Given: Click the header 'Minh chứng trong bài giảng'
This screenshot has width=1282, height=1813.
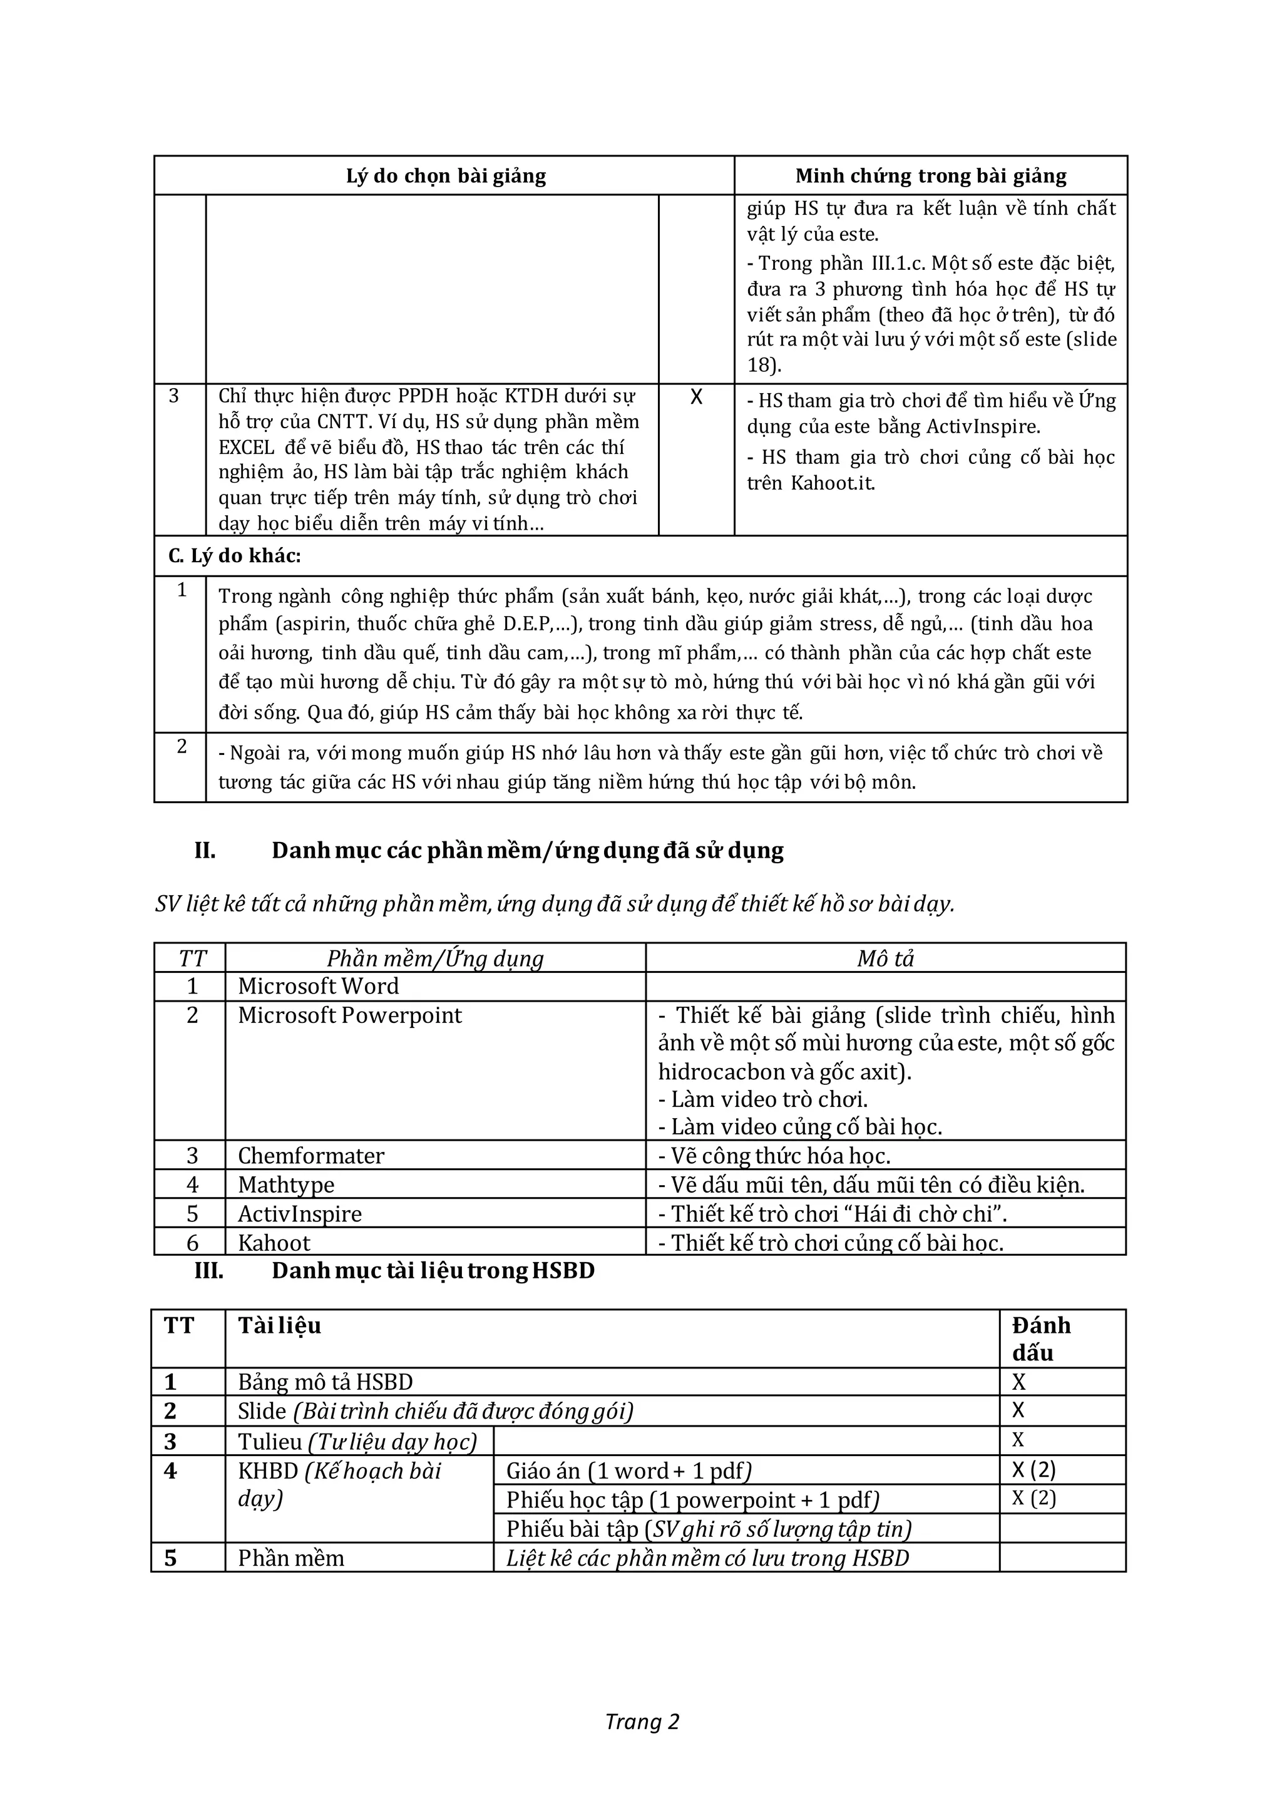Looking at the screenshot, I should (930, 175).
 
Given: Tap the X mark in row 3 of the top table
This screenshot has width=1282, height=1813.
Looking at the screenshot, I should (695, 397).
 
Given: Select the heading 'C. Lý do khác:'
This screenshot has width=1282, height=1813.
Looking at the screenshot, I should (235, 556).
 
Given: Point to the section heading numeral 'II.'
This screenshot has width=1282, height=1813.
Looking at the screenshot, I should (205, 850).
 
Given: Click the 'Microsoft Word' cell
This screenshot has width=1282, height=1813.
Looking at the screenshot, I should (318, 985).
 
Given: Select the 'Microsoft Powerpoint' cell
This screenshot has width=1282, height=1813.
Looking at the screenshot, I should (350, 1015).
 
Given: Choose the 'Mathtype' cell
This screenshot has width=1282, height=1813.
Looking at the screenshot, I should (286, 1184).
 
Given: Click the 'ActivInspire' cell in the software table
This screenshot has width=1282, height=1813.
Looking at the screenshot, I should (300, 1214).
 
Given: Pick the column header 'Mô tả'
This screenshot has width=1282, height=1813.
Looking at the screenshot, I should (885, 958).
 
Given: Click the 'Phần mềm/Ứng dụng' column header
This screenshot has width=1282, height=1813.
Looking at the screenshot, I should (435, 958).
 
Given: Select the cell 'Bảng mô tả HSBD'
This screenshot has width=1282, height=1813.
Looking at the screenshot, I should (326, 1382).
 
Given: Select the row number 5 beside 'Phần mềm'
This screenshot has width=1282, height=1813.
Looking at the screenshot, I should (170, 1558).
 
